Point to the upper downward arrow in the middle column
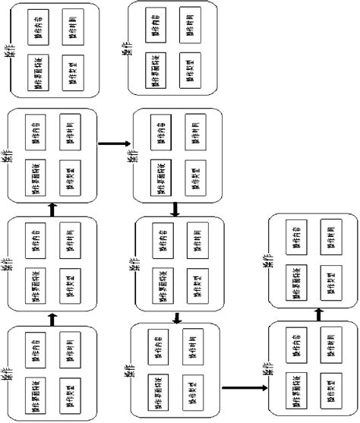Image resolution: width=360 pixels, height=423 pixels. [x=176, y=207]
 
